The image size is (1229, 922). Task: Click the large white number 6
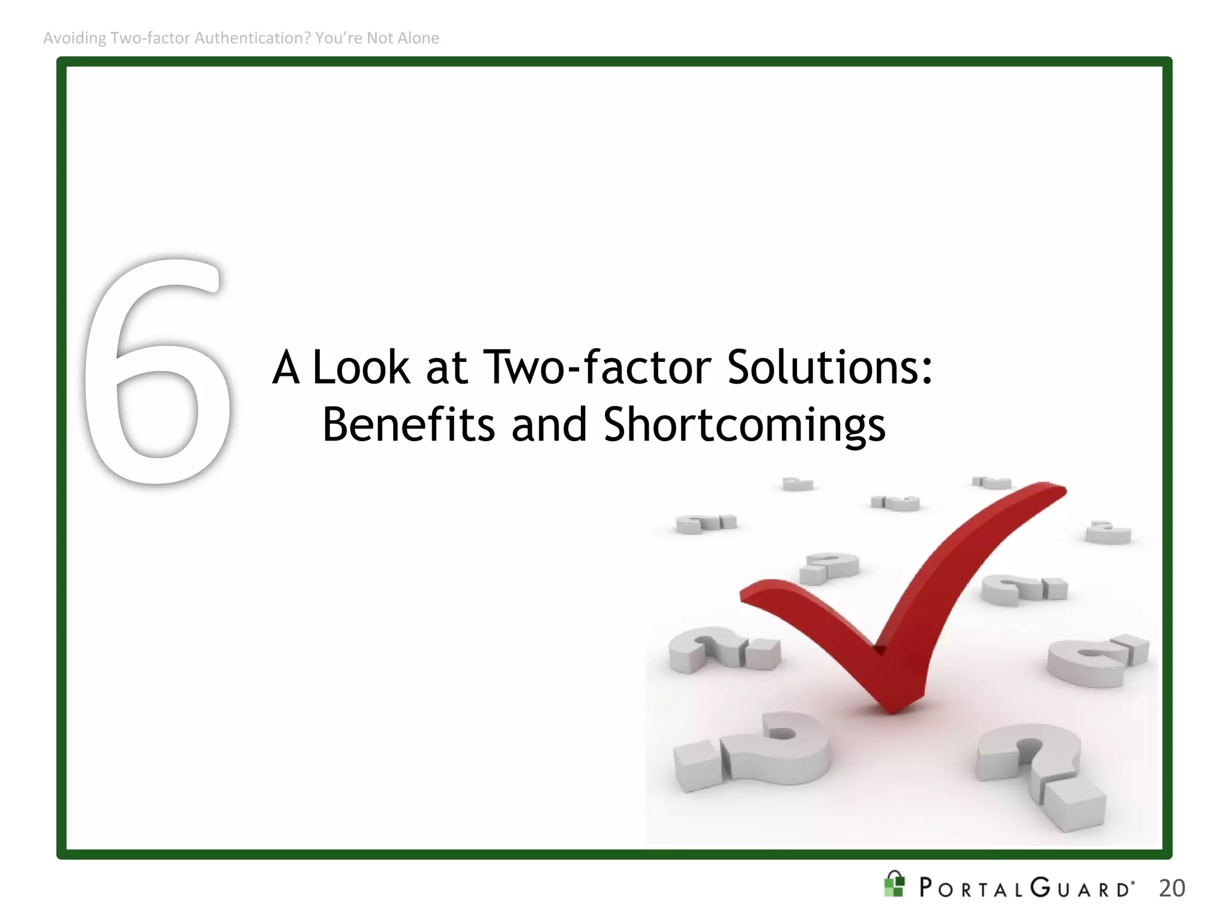tap(157, 372)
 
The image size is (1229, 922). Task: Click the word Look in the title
tap(361, 367)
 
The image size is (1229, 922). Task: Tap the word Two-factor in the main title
tap(597, 367)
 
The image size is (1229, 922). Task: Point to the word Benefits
tap(408, 425)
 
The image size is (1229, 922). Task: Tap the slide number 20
tap(1171, 888)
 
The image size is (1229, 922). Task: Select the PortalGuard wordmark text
tap(1026, 888)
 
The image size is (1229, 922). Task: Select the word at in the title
tap(446, 367)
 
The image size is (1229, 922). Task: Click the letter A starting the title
tap(286, 367)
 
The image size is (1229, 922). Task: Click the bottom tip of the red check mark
tap(892, 710)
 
